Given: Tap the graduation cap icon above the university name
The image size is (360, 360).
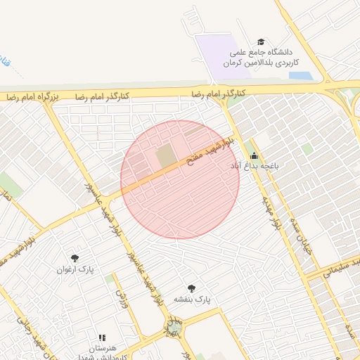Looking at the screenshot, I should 262,42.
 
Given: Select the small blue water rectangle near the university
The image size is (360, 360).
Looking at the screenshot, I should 300,75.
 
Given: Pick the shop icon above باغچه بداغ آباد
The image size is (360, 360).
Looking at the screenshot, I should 254,156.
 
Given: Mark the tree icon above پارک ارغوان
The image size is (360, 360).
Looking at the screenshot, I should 75,258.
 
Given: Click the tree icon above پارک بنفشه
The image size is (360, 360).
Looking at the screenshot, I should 191,288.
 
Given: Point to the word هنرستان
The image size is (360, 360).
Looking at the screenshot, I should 103,348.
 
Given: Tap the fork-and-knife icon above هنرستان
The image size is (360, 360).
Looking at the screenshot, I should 103,337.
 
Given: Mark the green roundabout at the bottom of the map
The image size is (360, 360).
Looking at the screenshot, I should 173,326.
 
